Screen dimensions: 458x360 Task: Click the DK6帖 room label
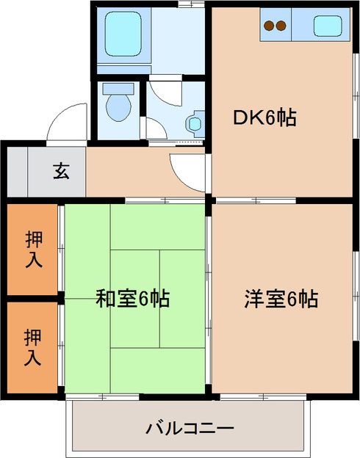[x=265, y=117]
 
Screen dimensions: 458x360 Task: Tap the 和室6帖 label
[x=133, y=299]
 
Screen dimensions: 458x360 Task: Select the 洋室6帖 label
[x=281, y=299]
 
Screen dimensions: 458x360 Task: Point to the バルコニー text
[x=189, y=428]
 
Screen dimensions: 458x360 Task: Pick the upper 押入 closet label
[x=33, y=249]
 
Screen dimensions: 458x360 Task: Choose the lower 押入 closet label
[x=33, y=348]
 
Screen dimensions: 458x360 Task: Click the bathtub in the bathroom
[x=122, y=35]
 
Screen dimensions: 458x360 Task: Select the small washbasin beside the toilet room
[x=195, y=123]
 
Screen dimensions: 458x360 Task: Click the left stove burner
[x=270, y=27]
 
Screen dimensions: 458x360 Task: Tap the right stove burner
[x=281, y=27]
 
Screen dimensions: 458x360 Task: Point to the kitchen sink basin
[x=328, y=26]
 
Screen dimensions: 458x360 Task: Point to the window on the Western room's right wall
[x=356, y=286]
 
